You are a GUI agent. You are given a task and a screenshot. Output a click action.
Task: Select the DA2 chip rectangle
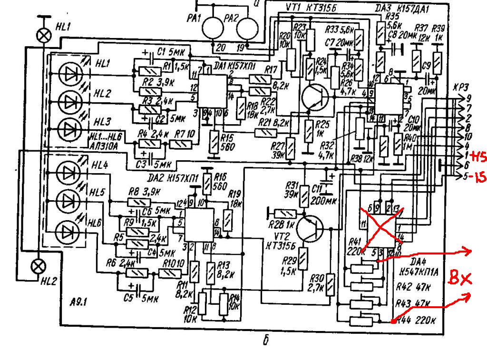tap(199, 225)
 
